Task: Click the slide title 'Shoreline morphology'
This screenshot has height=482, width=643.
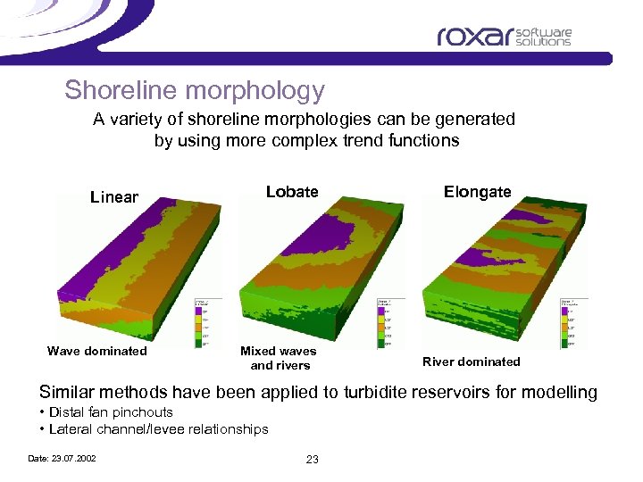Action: [194, 90]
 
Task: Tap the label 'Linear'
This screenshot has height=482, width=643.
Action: [114, 196]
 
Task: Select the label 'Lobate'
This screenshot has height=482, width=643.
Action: [292, 191]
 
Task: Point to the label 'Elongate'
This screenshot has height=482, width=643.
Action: [477, 191]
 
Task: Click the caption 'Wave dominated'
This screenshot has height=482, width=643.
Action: [97, 351]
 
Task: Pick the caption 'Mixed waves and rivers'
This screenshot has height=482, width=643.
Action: [280, 358]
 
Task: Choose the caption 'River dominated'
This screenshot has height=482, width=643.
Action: [471, 361]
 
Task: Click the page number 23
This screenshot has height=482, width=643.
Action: [313, 459]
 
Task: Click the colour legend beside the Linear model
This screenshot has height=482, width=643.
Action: [207, 322]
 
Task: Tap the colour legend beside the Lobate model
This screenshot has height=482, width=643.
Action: [391, 322]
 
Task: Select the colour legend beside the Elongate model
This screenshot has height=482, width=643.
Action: [573, 322]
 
